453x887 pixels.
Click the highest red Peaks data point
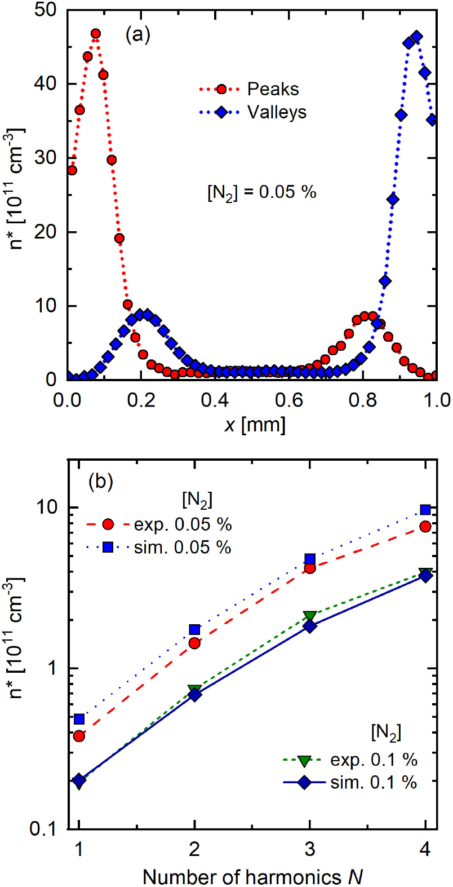[95, 34]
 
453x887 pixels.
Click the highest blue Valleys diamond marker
[417, 37]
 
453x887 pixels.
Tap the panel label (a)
[137, 35]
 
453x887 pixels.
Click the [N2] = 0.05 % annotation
[262, 192]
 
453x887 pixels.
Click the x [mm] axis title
[255, 424]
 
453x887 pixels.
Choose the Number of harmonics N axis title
[252, 877]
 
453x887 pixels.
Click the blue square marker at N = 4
[426, 510]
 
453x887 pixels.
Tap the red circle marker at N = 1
[79, 736]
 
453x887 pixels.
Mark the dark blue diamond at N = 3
[310, 626]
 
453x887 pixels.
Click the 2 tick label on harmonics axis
[194, 849]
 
